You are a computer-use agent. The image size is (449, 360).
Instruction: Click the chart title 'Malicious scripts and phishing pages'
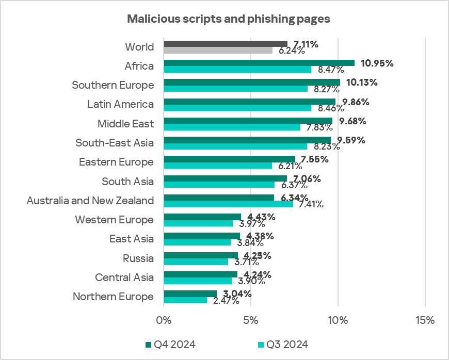228,19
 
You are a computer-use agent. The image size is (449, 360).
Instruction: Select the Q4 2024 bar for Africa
259,63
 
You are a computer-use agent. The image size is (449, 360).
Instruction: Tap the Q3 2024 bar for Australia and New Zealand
228,204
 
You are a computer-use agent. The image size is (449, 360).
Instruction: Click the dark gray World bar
226,43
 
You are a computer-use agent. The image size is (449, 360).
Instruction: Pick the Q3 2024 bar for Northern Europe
185,300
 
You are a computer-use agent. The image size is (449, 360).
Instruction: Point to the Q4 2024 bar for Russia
201,255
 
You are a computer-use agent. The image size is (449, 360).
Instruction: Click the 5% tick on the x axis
251,320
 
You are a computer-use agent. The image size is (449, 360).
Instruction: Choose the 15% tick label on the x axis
424,320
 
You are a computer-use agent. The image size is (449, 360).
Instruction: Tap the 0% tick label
164,320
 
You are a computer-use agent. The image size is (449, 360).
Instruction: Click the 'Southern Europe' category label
113,85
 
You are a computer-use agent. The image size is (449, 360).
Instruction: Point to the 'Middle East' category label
125,124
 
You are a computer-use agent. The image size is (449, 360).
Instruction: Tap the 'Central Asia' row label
124,277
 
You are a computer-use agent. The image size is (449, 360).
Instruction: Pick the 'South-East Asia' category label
114,143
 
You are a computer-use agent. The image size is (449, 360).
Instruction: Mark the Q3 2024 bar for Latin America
237,108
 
